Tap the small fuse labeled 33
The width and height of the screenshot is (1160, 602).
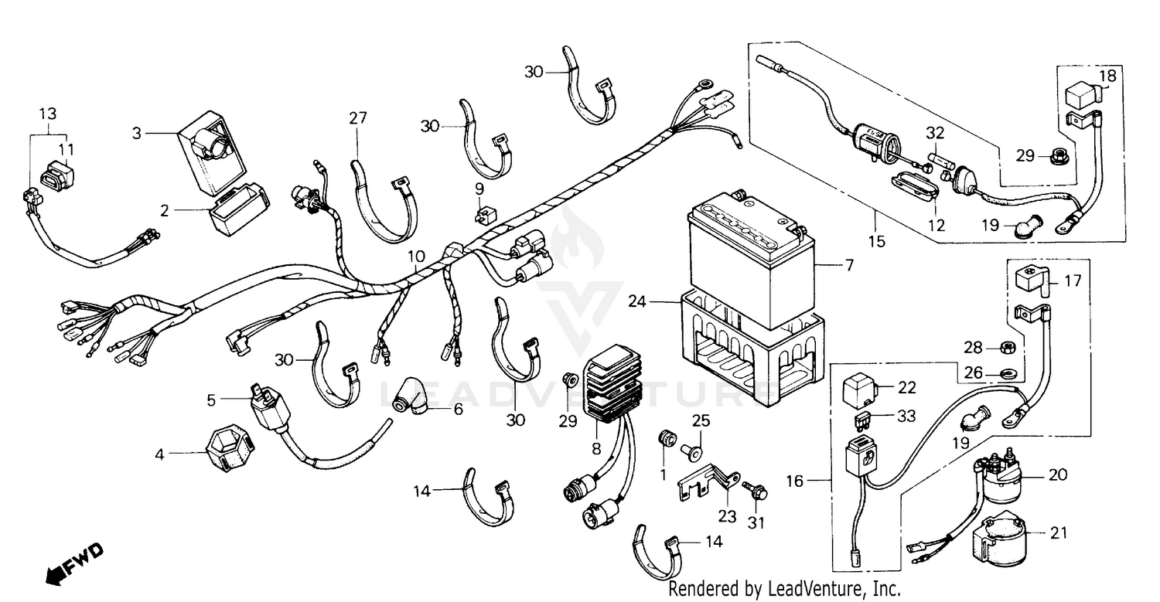861,420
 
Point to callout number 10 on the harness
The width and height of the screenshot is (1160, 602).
416,256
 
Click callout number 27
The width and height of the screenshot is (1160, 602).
357,118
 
